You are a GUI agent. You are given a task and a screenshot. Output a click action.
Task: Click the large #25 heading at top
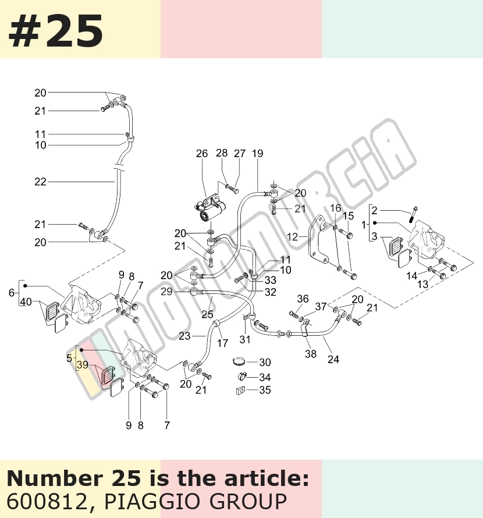click(x=55, y=31)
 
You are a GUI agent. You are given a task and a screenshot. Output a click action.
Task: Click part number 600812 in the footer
click(x=46, y=502)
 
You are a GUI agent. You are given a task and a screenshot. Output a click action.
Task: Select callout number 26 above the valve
click(x=202, y=154)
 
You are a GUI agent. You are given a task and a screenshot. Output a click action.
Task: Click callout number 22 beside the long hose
click(x=40, y=182)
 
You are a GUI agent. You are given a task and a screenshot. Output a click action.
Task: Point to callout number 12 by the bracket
click(x=292, y=237)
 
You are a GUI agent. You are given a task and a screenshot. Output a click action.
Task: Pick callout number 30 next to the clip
click(x=265, y=363)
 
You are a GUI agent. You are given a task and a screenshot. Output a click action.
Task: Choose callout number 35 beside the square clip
click(x=265, y=390)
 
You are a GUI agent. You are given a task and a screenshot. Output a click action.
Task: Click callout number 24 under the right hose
click(x=333, y=359)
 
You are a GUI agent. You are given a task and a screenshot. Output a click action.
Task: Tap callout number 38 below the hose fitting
click(x=311, y=354)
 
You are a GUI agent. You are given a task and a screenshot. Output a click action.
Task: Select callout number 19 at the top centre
click(x=257, y=154)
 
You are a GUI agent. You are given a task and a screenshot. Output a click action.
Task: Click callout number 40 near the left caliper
click(x=26, y=302)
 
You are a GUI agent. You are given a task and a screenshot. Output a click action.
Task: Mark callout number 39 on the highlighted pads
click(x=83, y=365)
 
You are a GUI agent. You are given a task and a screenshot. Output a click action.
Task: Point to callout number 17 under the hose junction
click(x=223, y=343)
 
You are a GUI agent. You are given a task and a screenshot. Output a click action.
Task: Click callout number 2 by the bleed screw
click(x=374, y=211)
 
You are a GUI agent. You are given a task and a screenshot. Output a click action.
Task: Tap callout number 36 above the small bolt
click(x=303, y=299)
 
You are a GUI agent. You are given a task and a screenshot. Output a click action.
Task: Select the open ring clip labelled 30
click(x=240, y=362)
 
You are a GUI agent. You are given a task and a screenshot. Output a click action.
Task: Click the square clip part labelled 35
click(x=240, y=391)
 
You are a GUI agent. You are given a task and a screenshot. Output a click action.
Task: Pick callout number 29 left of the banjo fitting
click(x=167, y=292)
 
